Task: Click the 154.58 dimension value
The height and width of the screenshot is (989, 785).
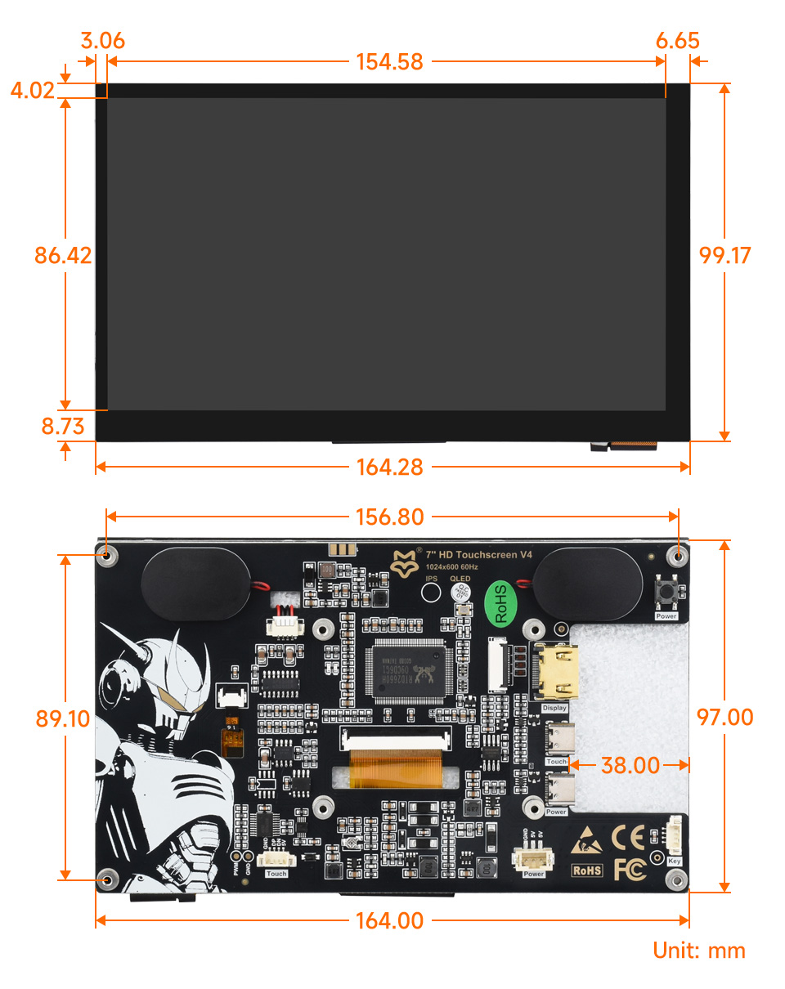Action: pyautogui.click(x=389, y=62)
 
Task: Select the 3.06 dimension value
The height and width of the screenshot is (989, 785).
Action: pyautogui.click(x=102, y=41)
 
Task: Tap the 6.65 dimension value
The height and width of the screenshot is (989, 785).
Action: pyautogui.click(x=677, y=41)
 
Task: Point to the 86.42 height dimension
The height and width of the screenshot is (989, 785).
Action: pyautogui.click(x=63, y=255)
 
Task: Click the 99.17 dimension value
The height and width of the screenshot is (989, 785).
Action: pyautogui.click(x=724, y=255)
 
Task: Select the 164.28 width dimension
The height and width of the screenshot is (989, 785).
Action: pyautogui.click(x=389, y=468)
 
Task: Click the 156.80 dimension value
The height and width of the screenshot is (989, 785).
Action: pyautogui.click(x=389, y=517)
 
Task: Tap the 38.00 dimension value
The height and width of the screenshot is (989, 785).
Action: pyautogui.click(x=630, y=765)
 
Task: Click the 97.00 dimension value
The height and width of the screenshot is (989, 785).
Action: pyautogui.click(x=724, y=717)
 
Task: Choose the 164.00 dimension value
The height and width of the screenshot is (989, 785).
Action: pyautogui.click(x=389, y=920)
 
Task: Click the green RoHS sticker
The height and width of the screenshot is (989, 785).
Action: pyautogui.click(x=501, y=603)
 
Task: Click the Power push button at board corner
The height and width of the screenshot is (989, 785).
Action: pyautogui.click(x=666, y=591)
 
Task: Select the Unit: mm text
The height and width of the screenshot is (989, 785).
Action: pyautogui.click(x=699, y=951)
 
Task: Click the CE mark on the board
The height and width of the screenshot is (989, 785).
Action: pyautogui.click(x=628, y=837)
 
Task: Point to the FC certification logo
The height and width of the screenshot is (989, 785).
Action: pyautogui.click(x=629, y=868)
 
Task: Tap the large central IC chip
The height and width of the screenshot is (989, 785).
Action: pyautogui.click(x=410, y=673)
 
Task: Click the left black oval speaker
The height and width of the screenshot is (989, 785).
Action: pyautogui.click(x=195, y=582)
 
